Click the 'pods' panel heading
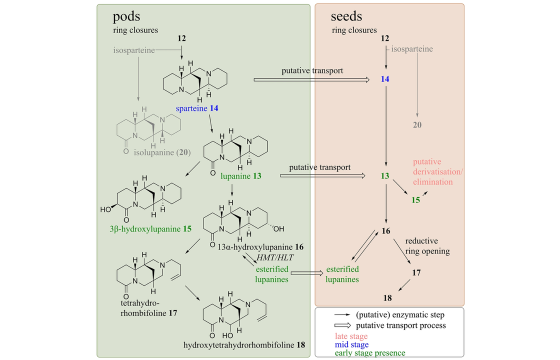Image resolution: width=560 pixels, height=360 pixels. (126, 17)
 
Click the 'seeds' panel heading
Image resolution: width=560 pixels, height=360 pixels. (346, 16)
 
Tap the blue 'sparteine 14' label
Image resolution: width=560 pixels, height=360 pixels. (197, 108)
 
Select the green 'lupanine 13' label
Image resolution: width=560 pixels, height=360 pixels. (240, 176)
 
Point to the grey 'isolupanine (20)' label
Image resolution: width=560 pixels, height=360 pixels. (162, 152)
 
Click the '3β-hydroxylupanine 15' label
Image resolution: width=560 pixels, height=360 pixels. (150, 229)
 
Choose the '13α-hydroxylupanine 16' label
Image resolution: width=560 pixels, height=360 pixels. (260, 247)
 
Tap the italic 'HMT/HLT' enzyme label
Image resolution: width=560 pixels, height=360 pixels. (275, 257)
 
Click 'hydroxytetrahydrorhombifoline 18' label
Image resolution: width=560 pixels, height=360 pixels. (244, 345)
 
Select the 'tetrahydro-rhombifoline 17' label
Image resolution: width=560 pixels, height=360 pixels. (148, 308)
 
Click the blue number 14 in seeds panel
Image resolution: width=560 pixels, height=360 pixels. (384, 79)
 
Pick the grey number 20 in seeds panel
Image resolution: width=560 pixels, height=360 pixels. (417, 125)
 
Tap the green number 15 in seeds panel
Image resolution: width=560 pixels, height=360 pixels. (415, 200)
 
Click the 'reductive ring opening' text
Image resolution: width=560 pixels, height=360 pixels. (427, 246)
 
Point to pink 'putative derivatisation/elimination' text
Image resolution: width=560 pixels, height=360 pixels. (438, 172)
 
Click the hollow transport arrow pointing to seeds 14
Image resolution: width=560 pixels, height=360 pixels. (311, 79)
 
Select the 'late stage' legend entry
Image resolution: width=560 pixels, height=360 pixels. (351, 336)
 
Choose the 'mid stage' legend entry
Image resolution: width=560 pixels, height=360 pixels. (351, 344)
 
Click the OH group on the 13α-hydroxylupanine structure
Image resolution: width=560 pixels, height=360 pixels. (278, 229)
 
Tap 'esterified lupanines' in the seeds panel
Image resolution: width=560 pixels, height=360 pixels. (342, 274)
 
